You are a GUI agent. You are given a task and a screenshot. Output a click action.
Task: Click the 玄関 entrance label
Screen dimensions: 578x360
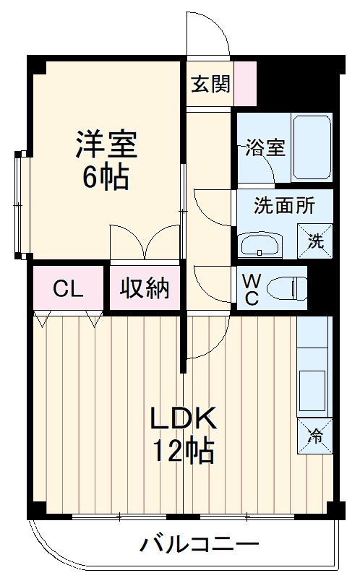(x=211, y=84)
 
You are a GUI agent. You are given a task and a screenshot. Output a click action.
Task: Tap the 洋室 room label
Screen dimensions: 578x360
(x=107, y=144)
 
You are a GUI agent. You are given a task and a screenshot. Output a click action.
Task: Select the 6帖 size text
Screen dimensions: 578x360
(x=106, y=176)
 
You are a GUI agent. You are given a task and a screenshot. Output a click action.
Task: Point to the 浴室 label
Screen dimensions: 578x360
(x=265, y=148)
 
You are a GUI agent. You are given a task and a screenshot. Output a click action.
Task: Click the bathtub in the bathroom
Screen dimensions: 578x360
(x=312, y=147)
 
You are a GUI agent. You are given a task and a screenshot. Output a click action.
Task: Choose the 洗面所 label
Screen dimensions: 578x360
(x=284, y=205)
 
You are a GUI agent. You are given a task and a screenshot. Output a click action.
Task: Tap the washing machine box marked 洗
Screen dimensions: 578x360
(x=317, y=241)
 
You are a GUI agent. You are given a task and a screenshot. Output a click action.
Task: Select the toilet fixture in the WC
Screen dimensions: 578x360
(x=285, y=290)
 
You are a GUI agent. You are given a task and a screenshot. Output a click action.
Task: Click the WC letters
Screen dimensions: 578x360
(x=251, y=290)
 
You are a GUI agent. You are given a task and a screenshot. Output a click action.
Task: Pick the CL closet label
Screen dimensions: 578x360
(x=69, y=288)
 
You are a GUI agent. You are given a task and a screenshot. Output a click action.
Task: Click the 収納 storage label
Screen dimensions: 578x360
(x=144, y=288)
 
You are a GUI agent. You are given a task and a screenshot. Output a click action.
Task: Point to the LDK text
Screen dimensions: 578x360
(x=183, y=418)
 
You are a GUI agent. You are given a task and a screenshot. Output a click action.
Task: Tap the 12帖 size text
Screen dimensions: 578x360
(x=182, y=452)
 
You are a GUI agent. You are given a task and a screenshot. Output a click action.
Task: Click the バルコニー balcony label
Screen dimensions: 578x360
(x=199, y=544)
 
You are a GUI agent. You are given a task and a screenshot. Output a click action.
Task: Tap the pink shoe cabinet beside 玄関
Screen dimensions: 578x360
(x=246, y=84)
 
